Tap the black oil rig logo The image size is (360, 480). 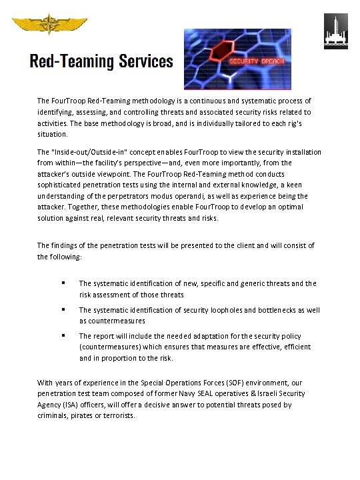(335, 31)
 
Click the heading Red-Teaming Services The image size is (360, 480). (101, 62)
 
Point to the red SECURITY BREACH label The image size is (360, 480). (257, 61)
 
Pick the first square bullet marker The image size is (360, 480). (63, 283)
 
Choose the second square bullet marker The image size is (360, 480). (63, 310)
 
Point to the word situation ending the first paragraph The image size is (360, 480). (52, 133)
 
